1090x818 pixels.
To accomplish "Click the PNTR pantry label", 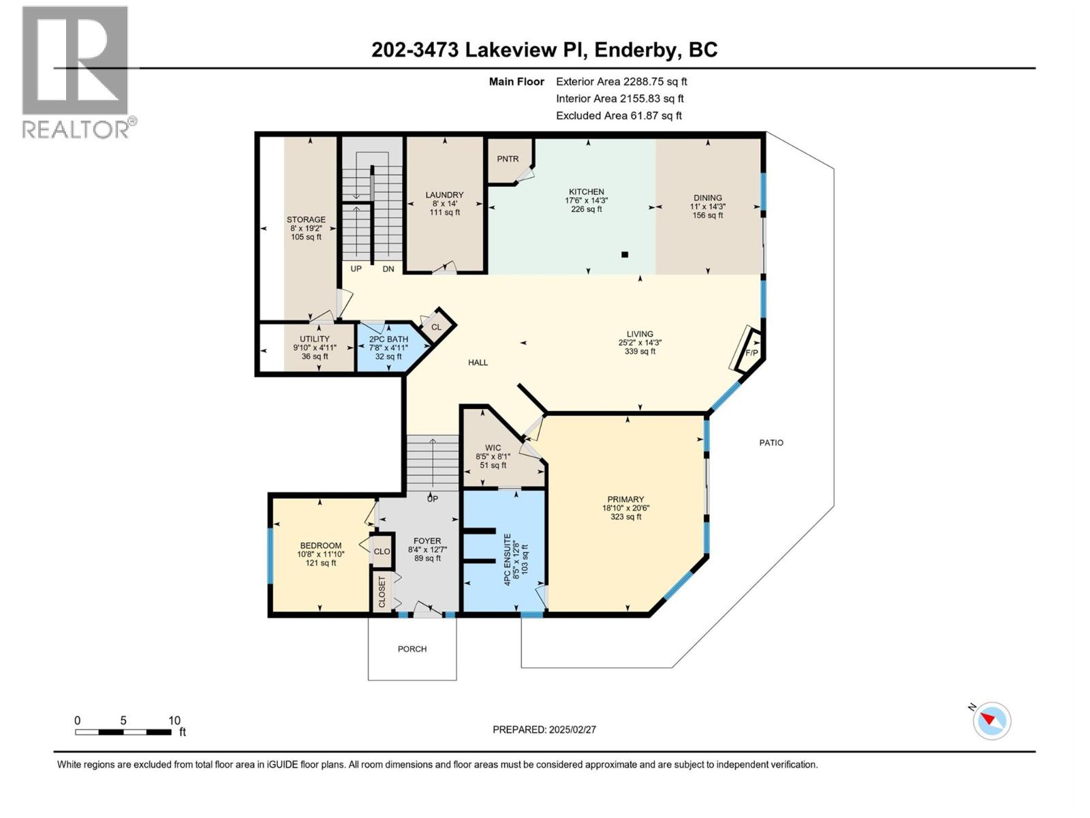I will [508, 159].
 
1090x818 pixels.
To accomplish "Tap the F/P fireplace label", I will [751, 352].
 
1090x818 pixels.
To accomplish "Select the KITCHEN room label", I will [587, 192].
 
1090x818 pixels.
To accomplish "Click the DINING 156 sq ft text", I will [708, 215].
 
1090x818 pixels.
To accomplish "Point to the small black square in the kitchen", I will [625, 254].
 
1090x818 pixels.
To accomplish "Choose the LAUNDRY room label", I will [444, 195].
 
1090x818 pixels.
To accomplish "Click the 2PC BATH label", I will [388, 339].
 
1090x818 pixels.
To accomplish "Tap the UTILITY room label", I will [315, 339].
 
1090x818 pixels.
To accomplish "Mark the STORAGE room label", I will [306, 220].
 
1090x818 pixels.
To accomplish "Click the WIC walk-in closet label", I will [493, 448].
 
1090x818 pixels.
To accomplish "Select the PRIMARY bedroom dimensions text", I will [625, 508].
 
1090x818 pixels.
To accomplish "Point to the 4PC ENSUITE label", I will [507, 560].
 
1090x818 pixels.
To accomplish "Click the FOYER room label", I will [427, 541].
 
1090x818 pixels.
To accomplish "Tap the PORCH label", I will [412, 649].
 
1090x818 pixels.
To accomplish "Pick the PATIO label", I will [771, 442].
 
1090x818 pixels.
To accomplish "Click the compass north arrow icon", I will [991, 721].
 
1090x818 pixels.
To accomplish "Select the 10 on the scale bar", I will [174, 721].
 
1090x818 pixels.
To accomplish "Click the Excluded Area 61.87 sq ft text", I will [619, 116].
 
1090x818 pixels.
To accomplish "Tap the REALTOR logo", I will [76, 72].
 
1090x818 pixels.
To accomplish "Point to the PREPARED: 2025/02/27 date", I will [544, 729].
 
